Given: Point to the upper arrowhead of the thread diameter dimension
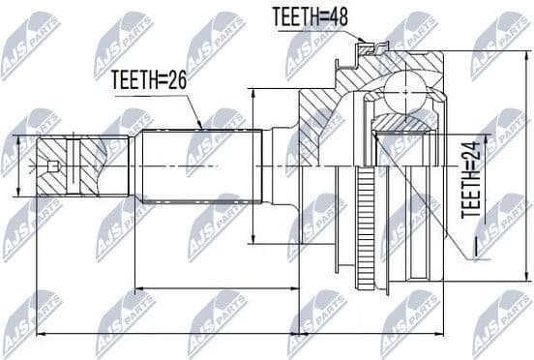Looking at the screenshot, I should (18, 135).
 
